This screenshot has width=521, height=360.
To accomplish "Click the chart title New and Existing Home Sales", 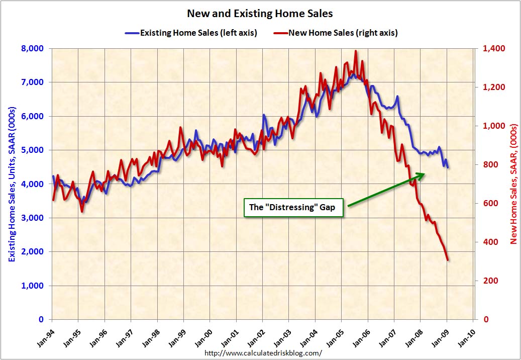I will pyautogui.click(x=260, y=13).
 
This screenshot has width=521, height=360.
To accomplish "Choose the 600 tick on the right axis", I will pyautogui.click(x=490, y=203).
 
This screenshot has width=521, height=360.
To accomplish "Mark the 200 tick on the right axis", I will pyautogui.click(x=490, y=281).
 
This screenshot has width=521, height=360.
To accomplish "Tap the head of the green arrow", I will pyautogui.click(x=424, y=174).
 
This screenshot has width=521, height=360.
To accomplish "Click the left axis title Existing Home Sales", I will pyautogui.click(x=11, y=184).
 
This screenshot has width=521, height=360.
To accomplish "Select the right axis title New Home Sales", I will pyautogui.click(x=513, y=184).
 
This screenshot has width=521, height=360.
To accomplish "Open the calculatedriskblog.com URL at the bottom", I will pyautogui.click(x=263, y=353).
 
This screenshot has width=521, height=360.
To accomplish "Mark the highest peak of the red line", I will pyautogui.click(x=356, y=51).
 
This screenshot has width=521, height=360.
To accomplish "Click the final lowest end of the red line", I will pyautogui.click(x=448, y=260).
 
